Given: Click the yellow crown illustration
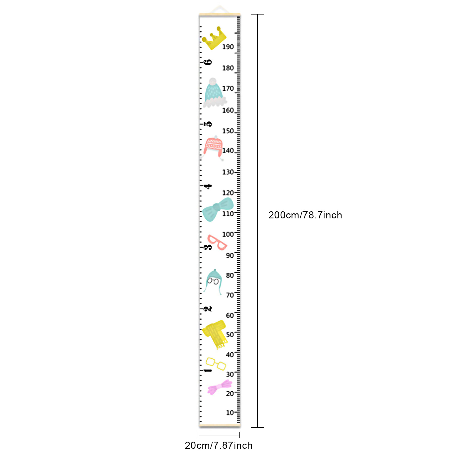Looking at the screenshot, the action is coord(214,38).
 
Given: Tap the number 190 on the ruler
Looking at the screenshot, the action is coord(228,47).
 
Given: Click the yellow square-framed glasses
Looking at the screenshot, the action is coord(216,364).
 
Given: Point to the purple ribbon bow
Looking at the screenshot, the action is coord(220,387).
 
